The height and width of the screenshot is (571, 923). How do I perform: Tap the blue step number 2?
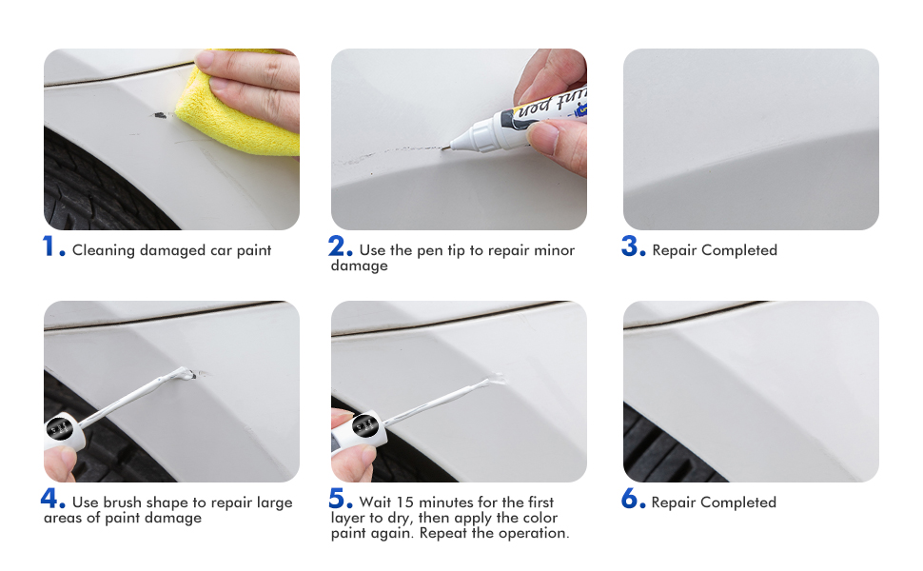(x=339, y=246)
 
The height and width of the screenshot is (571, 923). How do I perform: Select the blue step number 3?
(x=632, y=246)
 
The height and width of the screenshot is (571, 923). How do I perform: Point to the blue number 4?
(x=51, y=499)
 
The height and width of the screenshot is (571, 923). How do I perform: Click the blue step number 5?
(x=340, y=499)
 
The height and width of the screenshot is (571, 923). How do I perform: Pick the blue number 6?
(x=632, y=499)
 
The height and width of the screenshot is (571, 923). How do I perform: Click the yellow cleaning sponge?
(x=252, y=105)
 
